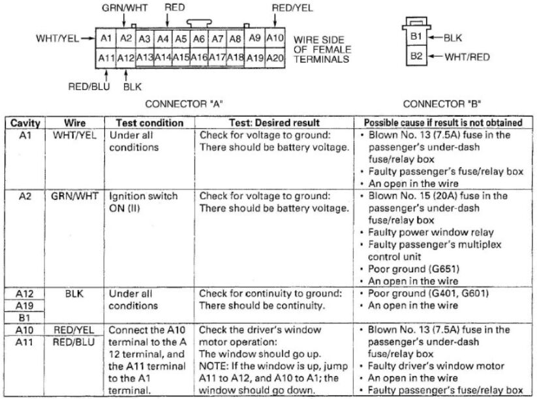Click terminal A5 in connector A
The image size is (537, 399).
pos(181,39)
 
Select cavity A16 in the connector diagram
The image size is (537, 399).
pos(199,57)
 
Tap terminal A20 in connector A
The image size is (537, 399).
pos(275,58)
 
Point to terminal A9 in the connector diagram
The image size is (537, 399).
pos(254,38)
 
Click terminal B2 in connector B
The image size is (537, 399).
pos(416,56)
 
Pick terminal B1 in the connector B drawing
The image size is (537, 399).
pos(416,36)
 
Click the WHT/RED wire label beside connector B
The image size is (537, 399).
pos(467,57)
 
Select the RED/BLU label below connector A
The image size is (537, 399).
pos(89,86)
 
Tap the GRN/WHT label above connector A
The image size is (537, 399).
pos(125,8)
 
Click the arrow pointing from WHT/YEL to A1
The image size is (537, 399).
pos(87,38)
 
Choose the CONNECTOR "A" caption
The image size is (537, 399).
pos(184,104)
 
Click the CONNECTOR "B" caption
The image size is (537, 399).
pos(442,104)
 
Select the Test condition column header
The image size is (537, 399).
pos(149,123)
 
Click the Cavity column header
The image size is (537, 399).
pos(25,123)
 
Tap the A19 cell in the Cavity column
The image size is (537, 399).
pos(24,306)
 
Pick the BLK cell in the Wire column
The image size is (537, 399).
pos(74,294)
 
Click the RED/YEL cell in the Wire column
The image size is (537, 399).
pos(74,330)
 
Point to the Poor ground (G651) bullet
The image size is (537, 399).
pos(410,269)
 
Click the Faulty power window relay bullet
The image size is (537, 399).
pos(427,232)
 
